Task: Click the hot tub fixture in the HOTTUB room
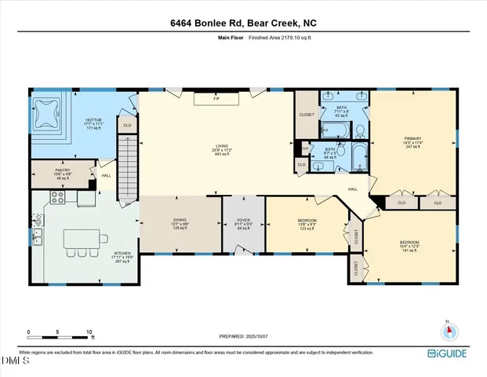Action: point(49,116)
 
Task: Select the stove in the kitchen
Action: point(57,199)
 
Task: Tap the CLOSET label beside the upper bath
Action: point(307,115)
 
